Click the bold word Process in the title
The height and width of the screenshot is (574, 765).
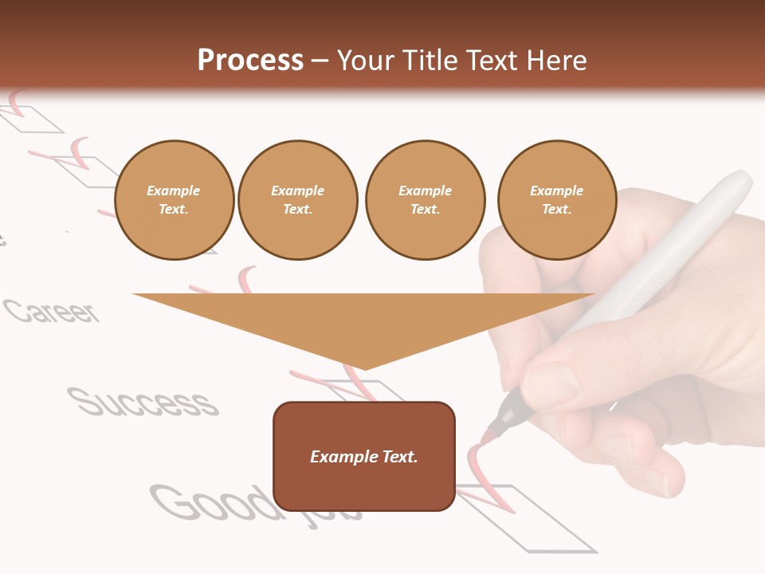coord(250,60)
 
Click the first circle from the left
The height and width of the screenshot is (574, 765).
coord(174,200)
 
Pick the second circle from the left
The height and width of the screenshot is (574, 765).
coord(297,200)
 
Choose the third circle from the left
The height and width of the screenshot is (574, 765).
coord(425,200)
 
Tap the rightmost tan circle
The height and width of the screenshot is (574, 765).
coord(556,200)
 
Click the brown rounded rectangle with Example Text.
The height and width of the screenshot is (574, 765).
coord(364,456)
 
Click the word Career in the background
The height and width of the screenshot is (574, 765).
coord(53,311)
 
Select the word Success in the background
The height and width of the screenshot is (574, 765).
coord(143,402)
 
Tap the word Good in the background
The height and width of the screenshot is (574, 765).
coord(211,502)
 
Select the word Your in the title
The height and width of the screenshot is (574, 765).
coord(365,60)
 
